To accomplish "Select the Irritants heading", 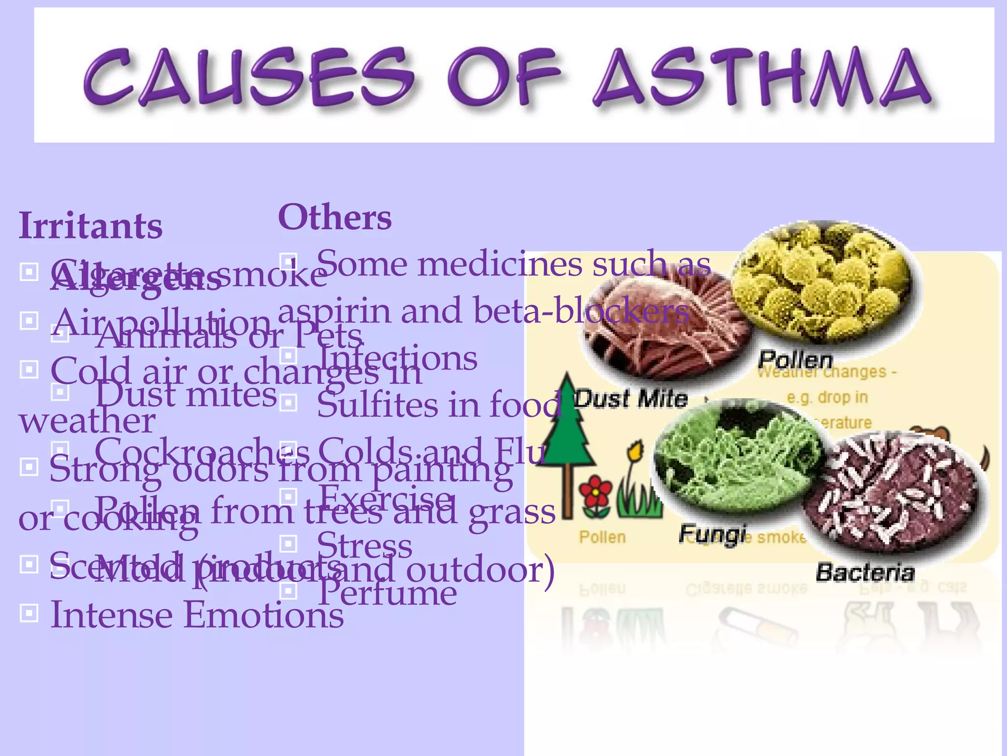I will (x=90, y=226).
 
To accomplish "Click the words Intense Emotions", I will (x=197, y=615).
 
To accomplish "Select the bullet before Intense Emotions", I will (x=29, y=613).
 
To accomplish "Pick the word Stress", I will (x=364, y=545).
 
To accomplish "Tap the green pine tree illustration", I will (x=567, y=433).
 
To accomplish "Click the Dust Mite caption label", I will (x=631, y=398).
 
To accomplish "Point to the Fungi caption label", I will (x=712, y=534).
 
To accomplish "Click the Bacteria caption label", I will (x=865, y=572).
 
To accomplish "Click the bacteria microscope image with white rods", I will (x=890, y=497).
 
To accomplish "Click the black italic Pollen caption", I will (x=795, y=360).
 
